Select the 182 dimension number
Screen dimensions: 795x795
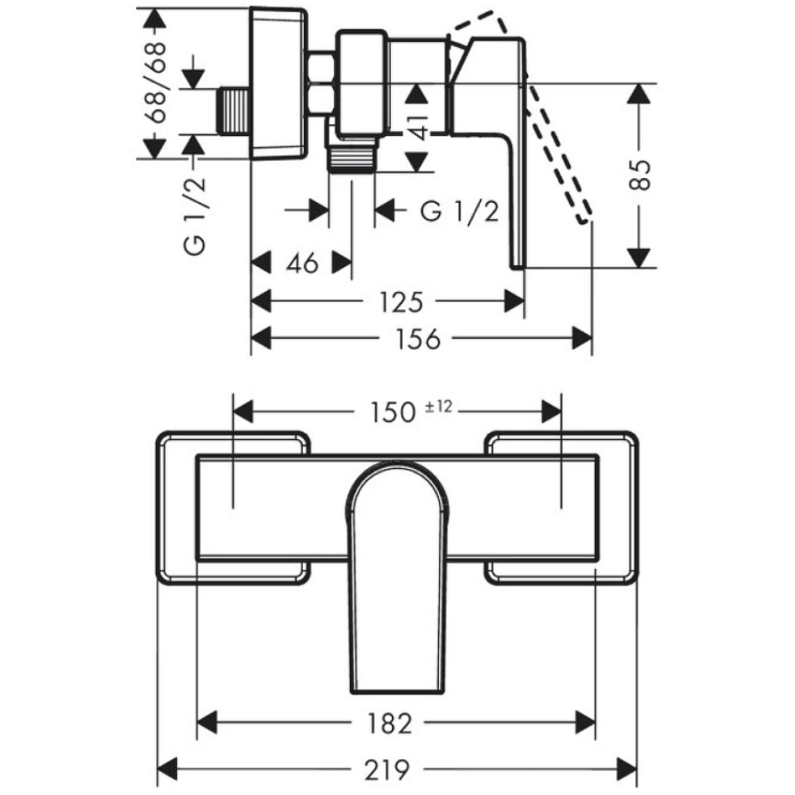[397, 722]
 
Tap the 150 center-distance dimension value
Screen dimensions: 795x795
[394, 412]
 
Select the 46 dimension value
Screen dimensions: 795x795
[301, 263]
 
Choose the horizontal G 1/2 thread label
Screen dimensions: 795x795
[460, 211]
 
